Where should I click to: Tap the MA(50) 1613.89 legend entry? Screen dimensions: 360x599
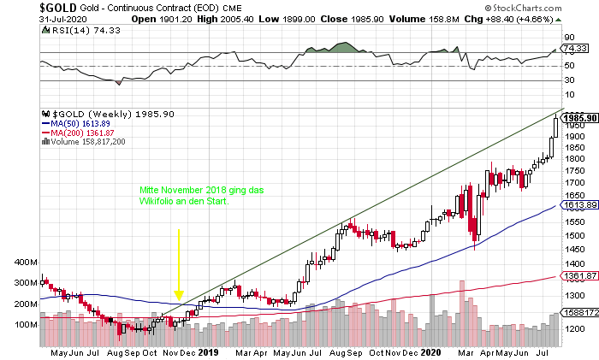click(81, 123)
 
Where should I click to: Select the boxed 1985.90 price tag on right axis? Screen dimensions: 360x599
click(579, 116)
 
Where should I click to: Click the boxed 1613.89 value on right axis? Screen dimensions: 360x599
click(579, 205)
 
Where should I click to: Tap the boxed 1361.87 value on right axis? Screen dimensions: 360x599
click(579, 276)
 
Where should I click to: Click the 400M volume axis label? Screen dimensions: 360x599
click(27, 262)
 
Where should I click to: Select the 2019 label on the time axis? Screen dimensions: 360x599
click(208, 351)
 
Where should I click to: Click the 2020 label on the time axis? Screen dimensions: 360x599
click(432, 351)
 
